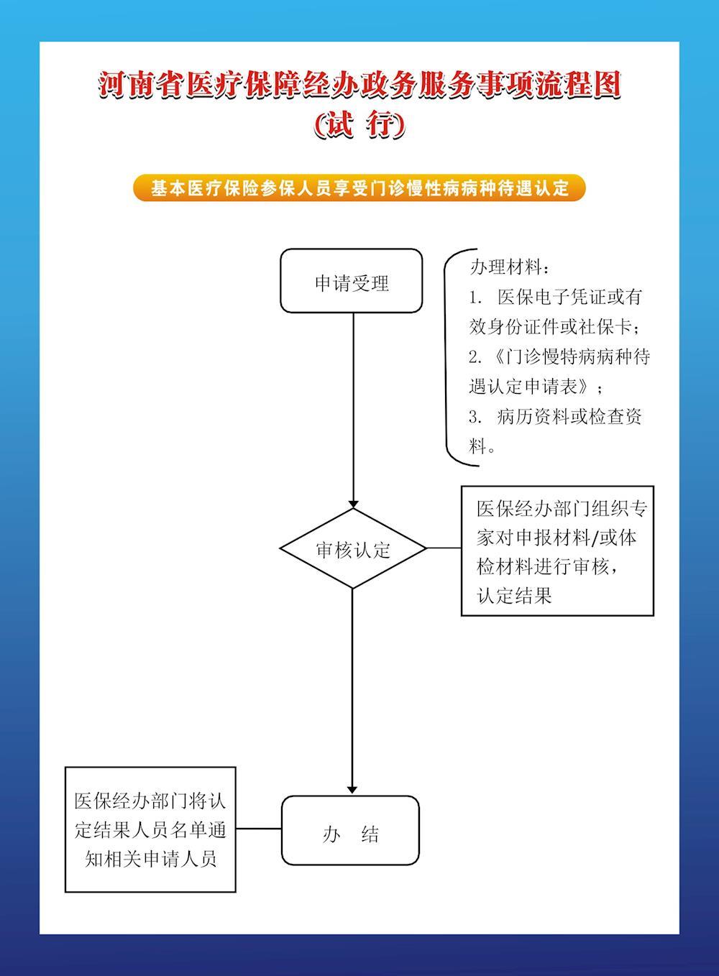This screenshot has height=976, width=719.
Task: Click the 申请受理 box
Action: coord(351,281)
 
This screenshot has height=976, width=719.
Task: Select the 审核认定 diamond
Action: coord(353,548)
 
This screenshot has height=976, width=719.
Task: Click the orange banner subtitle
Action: coord(359,188)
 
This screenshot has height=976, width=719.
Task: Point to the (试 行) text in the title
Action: coord(359,125)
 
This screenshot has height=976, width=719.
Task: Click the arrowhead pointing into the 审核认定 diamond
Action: coord(353,505)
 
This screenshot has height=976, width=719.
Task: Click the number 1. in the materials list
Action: coord(475,298)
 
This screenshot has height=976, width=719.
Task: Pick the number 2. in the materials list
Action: coord(475,357)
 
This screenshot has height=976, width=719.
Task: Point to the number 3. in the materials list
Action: coord(475,417)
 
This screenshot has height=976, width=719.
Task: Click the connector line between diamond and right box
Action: coord(444,548)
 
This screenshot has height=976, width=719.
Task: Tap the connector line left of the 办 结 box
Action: coord(259,829)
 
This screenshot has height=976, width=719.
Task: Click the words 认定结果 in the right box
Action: coord(515,596)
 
